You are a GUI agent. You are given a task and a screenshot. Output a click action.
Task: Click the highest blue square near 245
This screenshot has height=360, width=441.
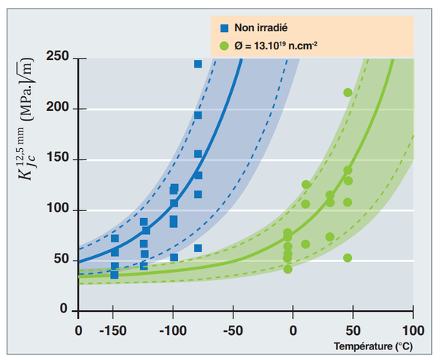(198, 64)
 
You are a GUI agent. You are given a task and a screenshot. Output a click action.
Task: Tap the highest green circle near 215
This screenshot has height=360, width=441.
(347, 93)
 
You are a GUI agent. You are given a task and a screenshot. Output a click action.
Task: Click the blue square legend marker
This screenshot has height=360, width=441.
(224, 28)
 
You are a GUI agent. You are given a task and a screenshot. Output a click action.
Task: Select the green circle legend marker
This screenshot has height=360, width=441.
(224, 46)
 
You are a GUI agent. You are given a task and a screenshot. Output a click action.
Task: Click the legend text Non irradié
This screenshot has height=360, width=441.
(261, 28)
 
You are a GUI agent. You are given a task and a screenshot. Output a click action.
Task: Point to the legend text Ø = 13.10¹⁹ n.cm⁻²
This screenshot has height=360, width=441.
(276, 46)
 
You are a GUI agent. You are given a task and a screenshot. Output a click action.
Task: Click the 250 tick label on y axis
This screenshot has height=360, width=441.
(58, 56)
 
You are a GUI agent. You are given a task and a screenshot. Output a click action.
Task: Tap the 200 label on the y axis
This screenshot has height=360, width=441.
(58, 107)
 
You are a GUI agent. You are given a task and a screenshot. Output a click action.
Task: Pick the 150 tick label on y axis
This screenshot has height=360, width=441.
(58, 157)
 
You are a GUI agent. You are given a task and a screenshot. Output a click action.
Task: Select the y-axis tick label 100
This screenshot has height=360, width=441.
(58, 208)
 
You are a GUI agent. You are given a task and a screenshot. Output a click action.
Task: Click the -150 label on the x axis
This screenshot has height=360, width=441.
(113, 331)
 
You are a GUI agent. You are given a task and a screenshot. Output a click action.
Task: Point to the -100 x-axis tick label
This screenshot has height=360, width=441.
(173, 331)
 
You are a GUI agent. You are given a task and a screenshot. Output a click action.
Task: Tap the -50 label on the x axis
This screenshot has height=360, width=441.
(233, 331)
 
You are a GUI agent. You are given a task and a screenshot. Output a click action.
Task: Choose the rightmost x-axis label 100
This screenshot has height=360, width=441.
(413, 331)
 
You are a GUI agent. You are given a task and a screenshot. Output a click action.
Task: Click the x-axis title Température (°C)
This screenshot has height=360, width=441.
(373, 346)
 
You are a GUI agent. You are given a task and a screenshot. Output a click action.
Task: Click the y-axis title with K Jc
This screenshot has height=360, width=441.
(26, 119)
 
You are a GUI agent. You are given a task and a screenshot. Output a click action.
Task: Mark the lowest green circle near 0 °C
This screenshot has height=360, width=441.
(287, 269)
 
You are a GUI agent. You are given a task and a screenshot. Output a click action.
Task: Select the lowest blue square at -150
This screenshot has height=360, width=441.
(114, 275)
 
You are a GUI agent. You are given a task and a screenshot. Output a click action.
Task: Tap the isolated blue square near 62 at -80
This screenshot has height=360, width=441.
(198, 248)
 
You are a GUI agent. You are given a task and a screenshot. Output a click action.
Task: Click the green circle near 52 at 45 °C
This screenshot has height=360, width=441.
(347, 257)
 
